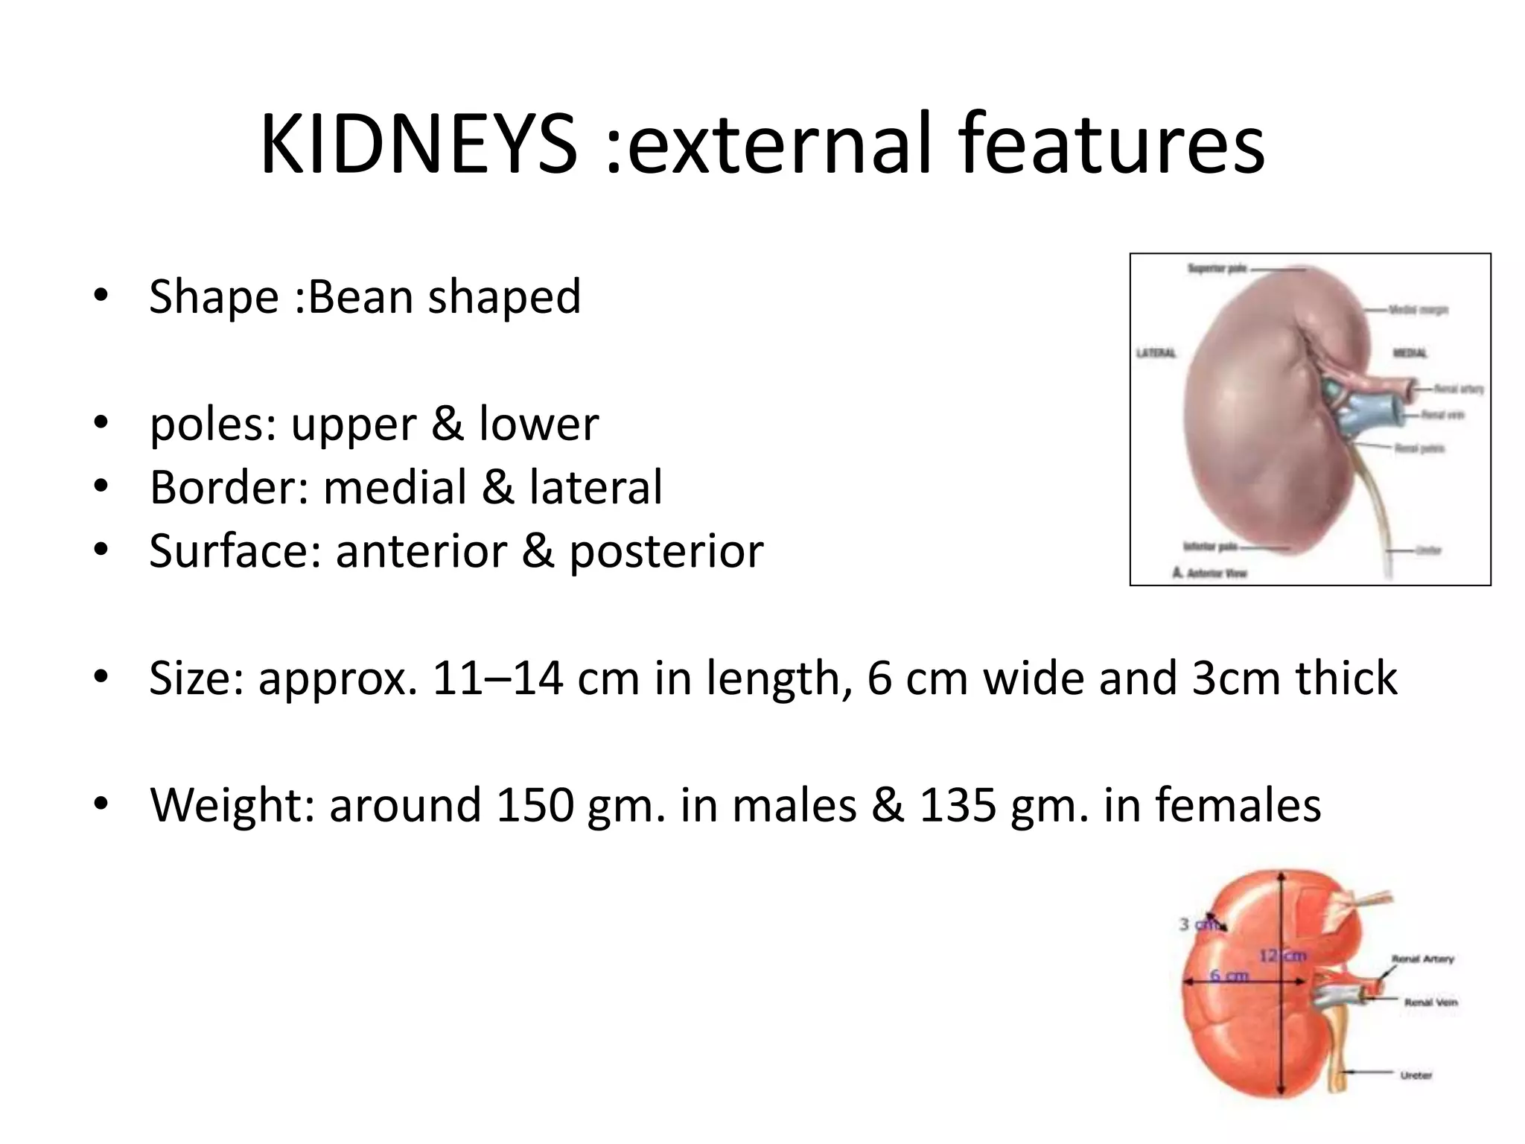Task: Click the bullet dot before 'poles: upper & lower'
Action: [101, 423]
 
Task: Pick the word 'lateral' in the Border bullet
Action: [595, 487]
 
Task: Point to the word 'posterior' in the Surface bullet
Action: [666, 551]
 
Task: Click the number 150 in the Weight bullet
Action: [535, 805]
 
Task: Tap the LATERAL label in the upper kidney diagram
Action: [1156, 353]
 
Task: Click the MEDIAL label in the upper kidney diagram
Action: [1410, 353]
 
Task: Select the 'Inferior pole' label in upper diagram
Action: [1210, 547]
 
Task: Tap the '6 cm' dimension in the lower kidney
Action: [1229, 976]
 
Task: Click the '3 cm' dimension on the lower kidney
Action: [1199, 925]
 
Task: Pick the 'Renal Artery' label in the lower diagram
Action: [1422, 959]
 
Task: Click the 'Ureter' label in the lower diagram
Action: [1416, 1075]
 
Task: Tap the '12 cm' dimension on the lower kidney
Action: [1282, 956]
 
